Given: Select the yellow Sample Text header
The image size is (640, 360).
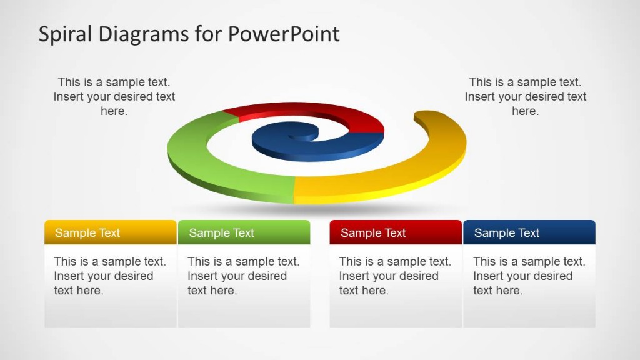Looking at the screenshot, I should [110, 232].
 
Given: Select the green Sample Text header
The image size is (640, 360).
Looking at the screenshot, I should [244, 232].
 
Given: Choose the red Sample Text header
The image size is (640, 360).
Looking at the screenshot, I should [395, 232].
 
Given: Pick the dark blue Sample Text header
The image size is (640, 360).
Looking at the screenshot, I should [529, 232].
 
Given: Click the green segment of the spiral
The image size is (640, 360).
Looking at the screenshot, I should [206, 169].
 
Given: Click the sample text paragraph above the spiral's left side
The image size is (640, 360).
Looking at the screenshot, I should [114, 96].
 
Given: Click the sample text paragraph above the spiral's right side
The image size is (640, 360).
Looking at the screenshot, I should [525, 96].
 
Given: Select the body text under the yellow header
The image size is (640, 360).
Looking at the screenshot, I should [110, 276].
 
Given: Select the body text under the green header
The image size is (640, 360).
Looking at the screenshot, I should [244, 276].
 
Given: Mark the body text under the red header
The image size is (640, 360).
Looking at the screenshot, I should [395, 276].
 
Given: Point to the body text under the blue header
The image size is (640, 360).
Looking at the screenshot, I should [529, 276].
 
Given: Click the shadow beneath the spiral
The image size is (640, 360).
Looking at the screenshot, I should [319, 209].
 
